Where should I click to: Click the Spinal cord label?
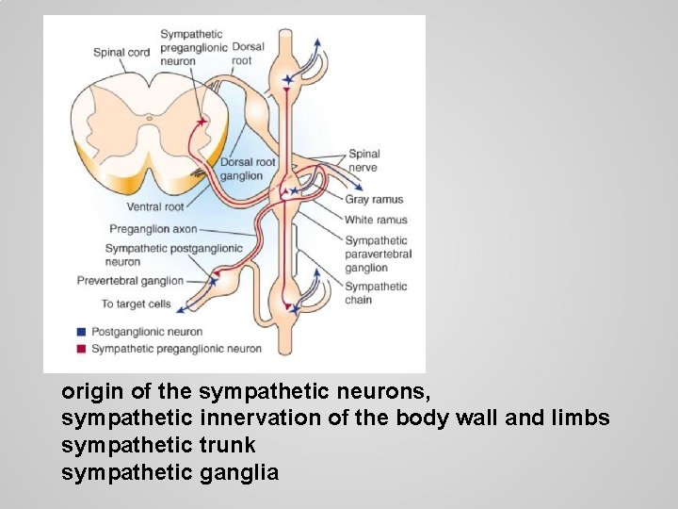121,52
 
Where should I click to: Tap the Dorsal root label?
248,53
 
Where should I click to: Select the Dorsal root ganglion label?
248,169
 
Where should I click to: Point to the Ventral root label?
155,206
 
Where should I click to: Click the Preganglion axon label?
153,228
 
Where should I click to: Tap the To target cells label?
136,304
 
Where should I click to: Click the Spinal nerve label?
363,160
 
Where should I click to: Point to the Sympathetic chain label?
376,293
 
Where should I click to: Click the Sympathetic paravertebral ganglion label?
378,254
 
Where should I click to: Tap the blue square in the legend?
82,332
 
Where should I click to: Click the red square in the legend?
82,349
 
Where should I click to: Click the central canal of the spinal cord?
149,118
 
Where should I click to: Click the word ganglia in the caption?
239,472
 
